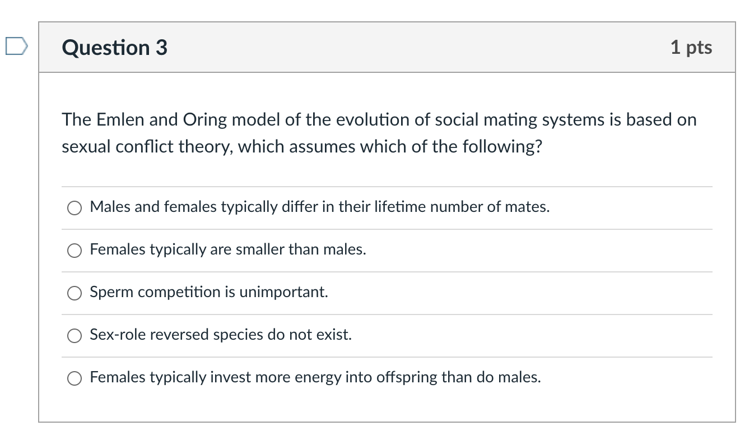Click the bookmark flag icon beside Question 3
(16, 47)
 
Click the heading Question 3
(115, 48)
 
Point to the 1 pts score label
(691, 48)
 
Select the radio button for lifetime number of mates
(75, 208)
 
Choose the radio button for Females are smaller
(75, 251)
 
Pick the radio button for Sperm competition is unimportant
(75, 293)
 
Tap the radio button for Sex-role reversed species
(75, 336)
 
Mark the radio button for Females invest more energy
(75, 378)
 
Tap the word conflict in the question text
(146, 147)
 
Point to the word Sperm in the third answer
(108, 293)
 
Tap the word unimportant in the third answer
(283, 293)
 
